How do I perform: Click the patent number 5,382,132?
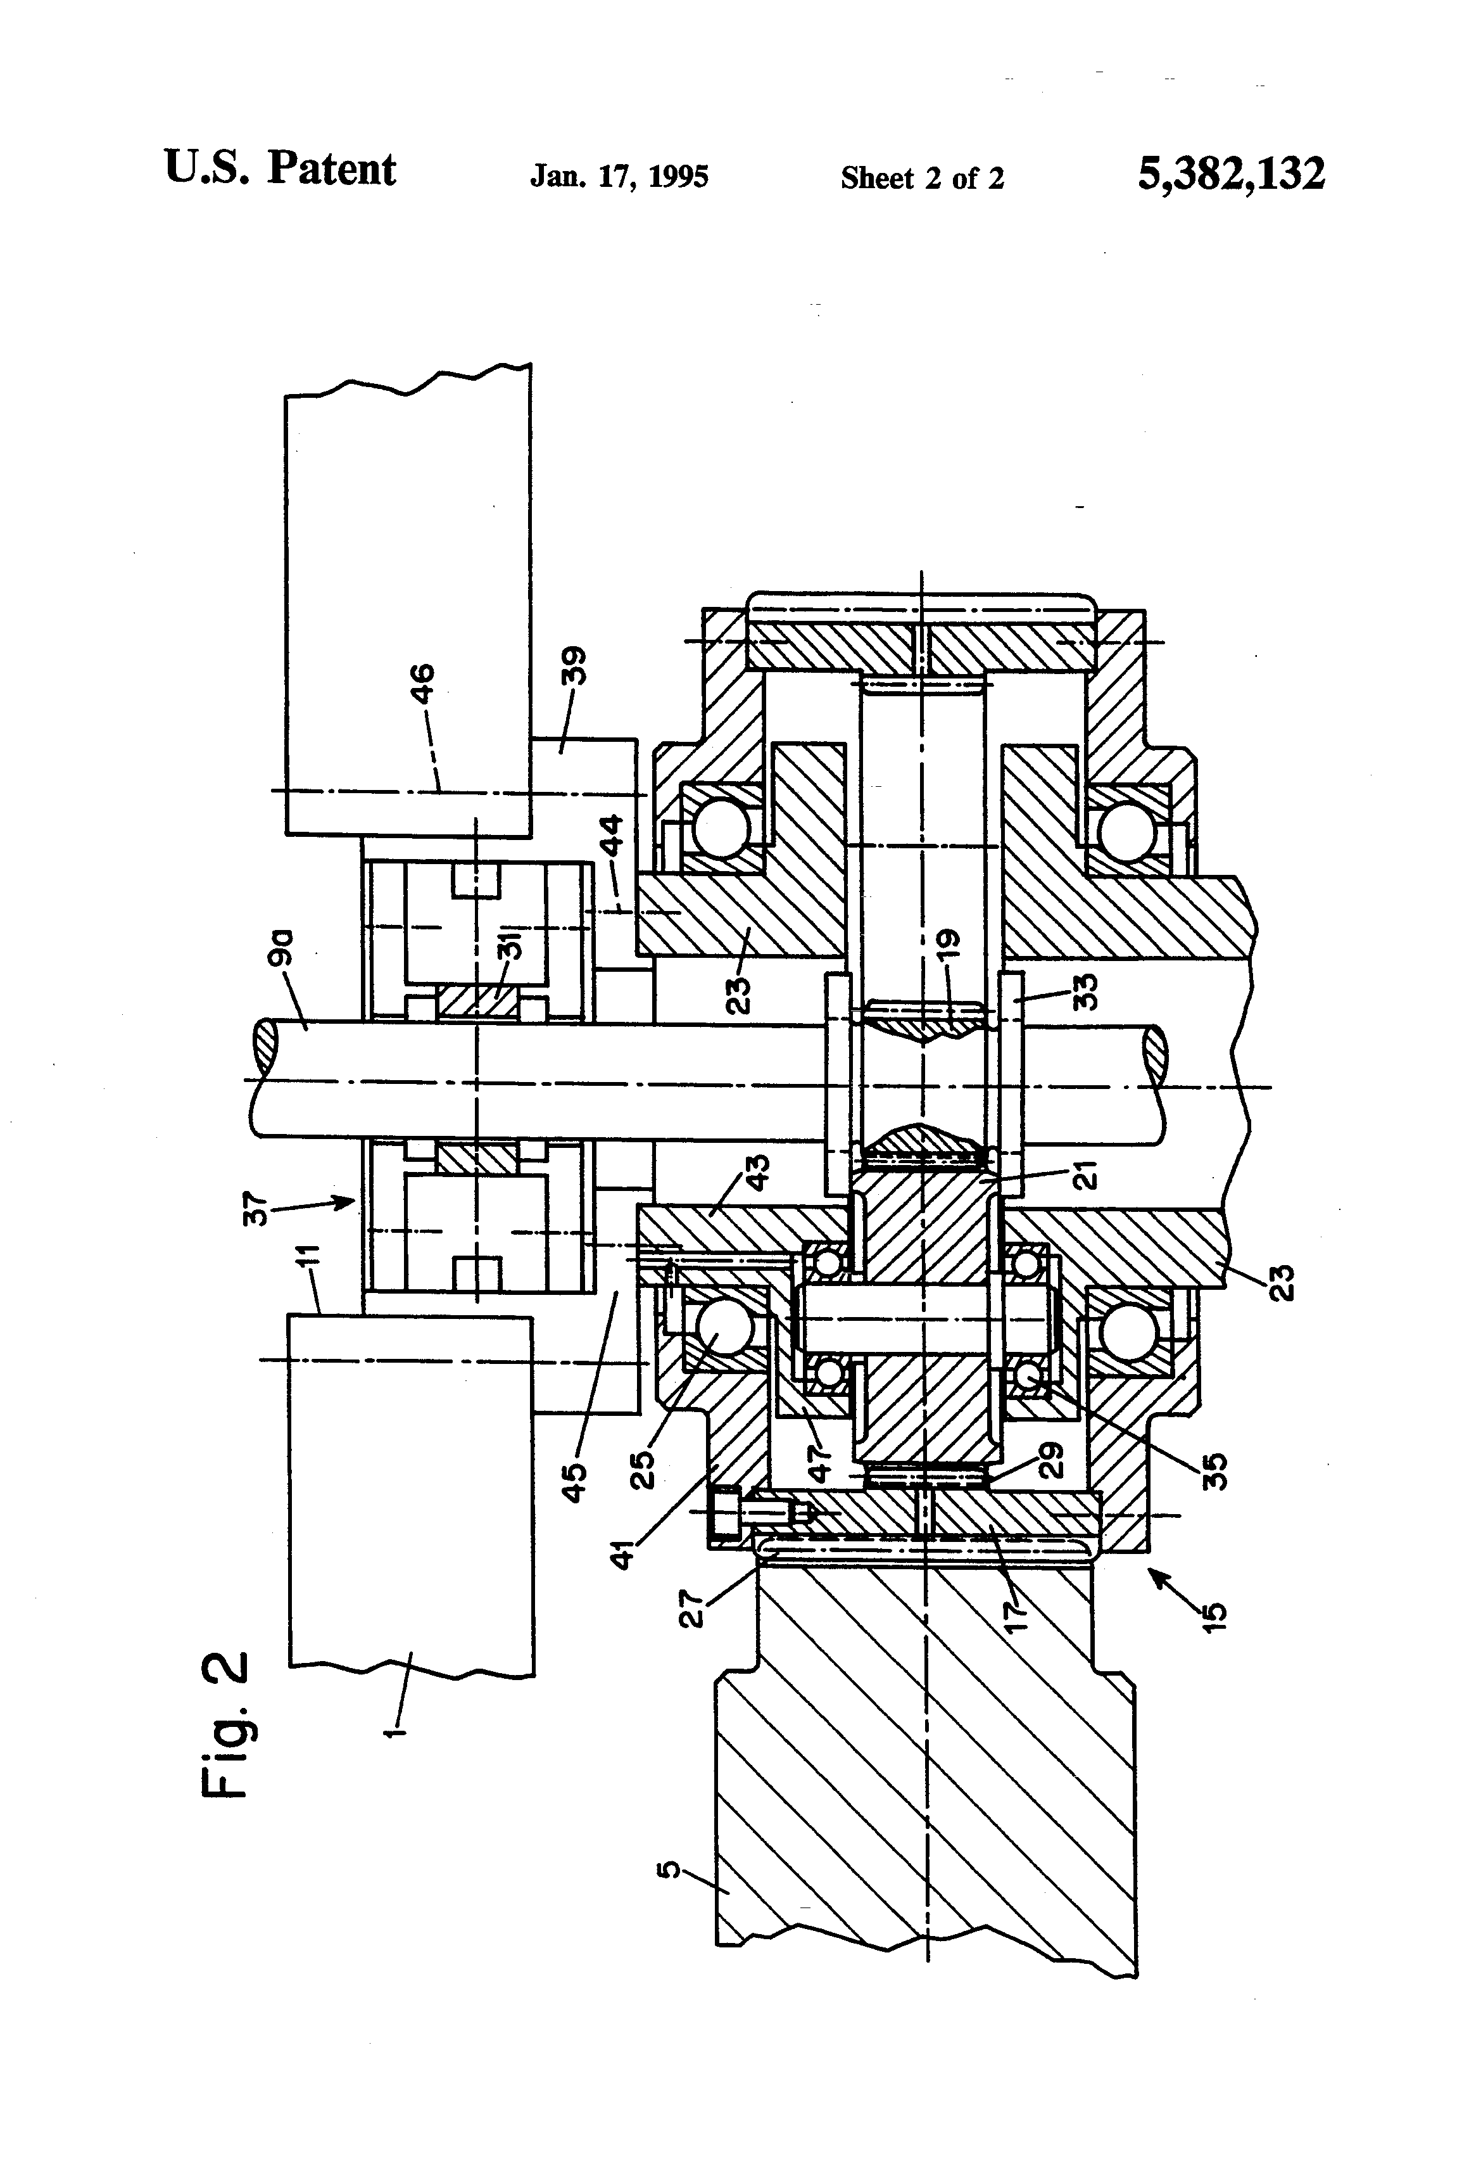coord(1232,174)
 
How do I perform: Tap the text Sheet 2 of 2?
coord(922,177)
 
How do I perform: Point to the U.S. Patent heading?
coord(281,169)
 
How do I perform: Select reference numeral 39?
coord(576,665)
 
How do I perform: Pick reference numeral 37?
coord(257,1211)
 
